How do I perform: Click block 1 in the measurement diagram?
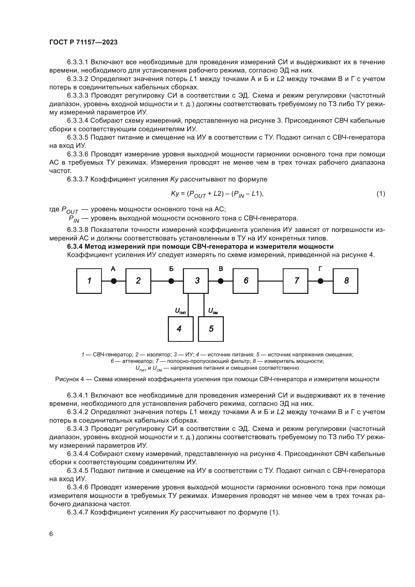click(89, 281)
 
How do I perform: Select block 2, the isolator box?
click(138, 281)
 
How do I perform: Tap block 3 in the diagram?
click(196, 281)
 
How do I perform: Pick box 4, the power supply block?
click(180, 329)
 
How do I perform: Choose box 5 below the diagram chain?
click(211, 329)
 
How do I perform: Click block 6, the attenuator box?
click(245, 281)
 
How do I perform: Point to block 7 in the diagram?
click(295, 281)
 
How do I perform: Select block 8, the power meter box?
click(345, 281)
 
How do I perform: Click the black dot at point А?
click(114, 281)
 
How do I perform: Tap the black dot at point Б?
click(171, 281)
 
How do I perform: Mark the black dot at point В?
click(221, 281)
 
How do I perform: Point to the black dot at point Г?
click(320, 281)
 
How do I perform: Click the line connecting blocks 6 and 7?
click(270, 281)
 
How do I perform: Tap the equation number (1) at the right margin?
click(381, 194)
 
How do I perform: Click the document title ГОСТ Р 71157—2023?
click(83, 42)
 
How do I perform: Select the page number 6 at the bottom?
click(51, 534)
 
